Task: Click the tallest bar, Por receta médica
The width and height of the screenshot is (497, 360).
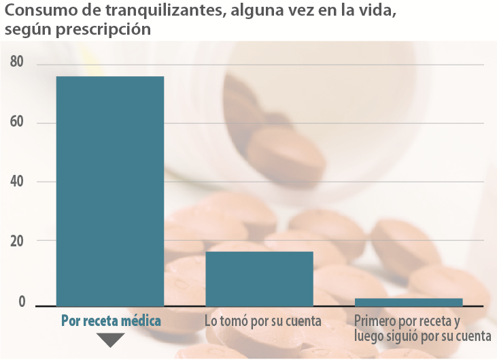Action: (109, 191)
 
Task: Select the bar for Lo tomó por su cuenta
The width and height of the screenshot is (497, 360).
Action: (259, 278)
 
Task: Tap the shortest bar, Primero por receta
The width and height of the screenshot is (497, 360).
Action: (408, 301)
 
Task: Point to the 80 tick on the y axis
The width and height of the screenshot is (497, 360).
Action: (17, 63)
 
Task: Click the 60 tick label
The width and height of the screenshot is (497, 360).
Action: (17, 122)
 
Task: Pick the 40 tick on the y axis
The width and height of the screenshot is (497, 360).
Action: (17, 182)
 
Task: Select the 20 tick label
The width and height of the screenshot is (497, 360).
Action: (17, 241)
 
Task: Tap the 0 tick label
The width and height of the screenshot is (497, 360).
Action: (22, 302)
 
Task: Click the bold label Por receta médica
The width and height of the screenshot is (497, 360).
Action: (111, 321)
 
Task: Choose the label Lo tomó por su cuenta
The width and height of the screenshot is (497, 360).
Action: (263, 321)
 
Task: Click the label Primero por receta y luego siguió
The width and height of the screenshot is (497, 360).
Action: (422, 328)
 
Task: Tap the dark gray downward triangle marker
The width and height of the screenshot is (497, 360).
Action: (111, 340)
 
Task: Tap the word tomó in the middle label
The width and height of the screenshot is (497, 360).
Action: (235, 321)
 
